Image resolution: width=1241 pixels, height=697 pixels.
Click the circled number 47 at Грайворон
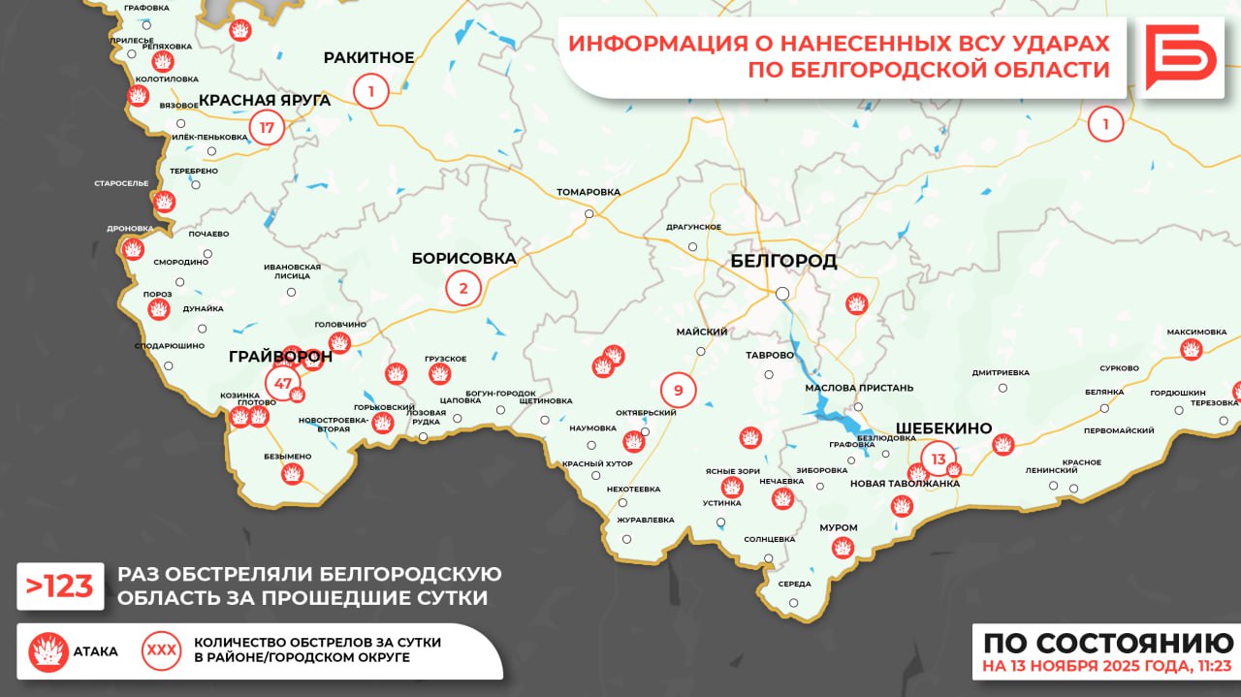pyautogui.click(x=283, y=383)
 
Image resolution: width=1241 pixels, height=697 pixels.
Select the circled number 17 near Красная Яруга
pyautogui.click(x=268, y=127)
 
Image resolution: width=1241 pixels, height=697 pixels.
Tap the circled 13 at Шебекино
pyautogui.click(x=938, y=459)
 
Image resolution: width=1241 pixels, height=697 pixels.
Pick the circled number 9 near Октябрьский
pyautogui.click(x=678, y=391)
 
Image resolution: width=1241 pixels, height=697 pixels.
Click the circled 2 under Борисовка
pyautogui.click(x=463, y=288)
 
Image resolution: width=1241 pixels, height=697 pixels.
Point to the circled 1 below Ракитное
pyautogui.click(x=370, y=92)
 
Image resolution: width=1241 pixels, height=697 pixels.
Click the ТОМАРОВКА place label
pyautogui.click(x=589, y=192)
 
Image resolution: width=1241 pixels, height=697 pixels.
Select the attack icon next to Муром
pyautogui.click(x=843, y=548)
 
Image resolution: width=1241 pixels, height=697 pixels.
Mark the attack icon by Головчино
pyautogui.click(x=339, y=342)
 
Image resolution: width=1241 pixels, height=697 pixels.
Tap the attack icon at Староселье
pyautogui.click(x=165, y=203)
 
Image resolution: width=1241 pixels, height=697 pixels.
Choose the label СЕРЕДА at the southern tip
pyautogui.click(x=794, y=585)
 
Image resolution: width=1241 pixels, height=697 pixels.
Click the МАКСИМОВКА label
pyautogui.click(x=1196, y=332)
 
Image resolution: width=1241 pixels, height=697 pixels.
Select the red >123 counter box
pyautogui.click(x=60, y=586)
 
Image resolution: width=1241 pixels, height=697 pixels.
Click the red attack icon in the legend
pyautogui.click(x=48, y=651)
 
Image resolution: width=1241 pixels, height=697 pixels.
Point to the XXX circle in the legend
pyautogui.click(x=161, y=651)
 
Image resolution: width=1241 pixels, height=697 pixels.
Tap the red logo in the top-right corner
pyautogui.click(x=1179, y=58)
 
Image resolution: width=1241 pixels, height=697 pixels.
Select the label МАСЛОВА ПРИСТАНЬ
pyautogui.click(x=859, y=388)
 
